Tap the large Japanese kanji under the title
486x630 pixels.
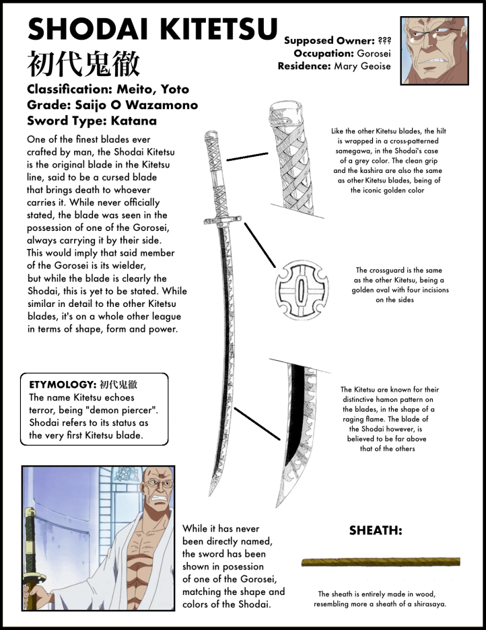coord(83,65)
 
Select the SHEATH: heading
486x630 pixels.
coord(376,530)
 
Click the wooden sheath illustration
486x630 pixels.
coord(381,561)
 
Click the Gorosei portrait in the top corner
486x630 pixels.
coord(434,50)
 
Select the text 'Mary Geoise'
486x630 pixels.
coord(363,66)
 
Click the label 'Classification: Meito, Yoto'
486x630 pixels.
coord(108,90)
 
